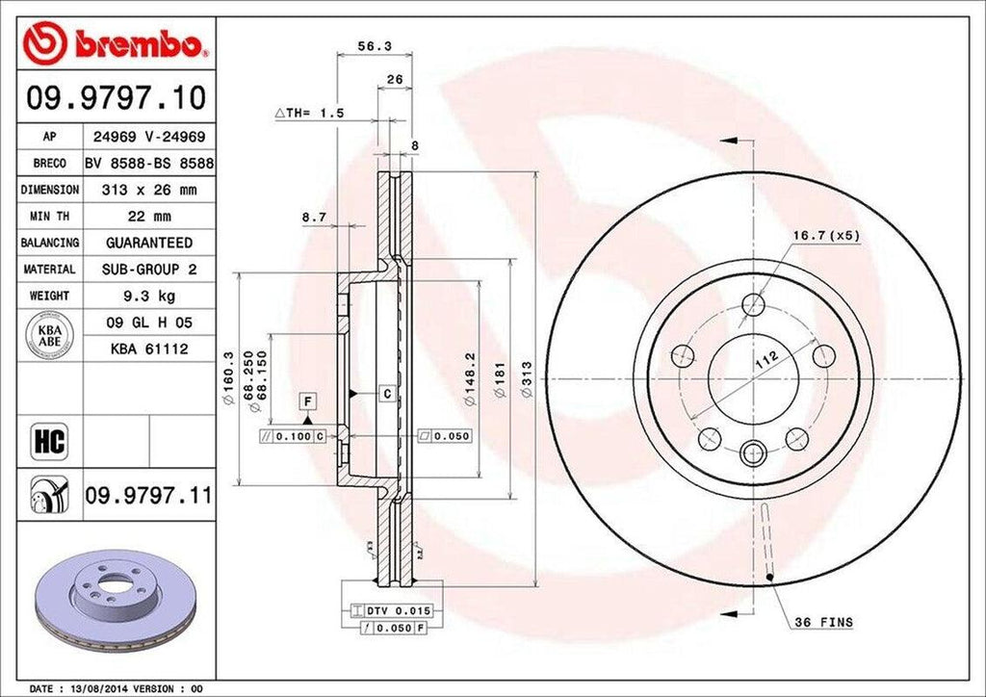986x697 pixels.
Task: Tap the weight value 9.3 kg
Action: tap(148, 296)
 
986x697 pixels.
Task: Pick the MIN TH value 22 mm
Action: tap(148, 217)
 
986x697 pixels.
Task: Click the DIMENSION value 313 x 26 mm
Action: tap(148, 191)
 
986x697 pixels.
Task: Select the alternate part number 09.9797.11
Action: tap(146, 496)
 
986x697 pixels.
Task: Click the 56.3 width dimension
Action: tap(367, 44)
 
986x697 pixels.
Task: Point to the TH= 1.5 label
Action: tap(310, 113)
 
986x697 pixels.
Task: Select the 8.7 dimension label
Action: tap(313, 218)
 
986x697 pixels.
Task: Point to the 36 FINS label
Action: tap(823, 623)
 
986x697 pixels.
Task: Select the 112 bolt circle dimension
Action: tap(766, 362)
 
